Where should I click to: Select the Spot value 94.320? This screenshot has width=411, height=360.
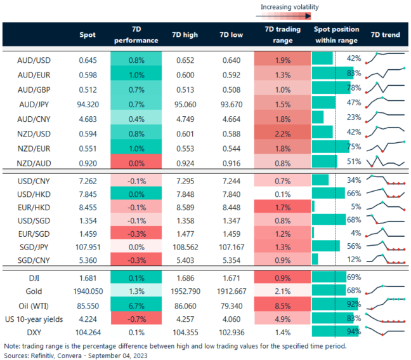click(88, 103)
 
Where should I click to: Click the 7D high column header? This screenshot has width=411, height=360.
click(184, 34)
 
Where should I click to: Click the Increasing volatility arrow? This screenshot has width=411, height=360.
click(288, 17)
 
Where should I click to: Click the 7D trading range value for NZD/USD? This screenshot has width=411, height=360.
click(282, 133)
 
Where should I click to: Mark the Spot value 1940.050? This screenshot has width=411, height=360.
click(88, 290)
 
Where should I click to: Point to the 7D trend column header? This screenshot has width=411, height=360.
click(385, 34)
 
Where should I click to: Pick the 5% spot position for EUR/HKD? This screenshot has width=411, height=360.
click(356, 206)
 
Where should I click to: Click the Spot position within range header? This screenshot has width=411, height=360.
click(336, 34)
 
